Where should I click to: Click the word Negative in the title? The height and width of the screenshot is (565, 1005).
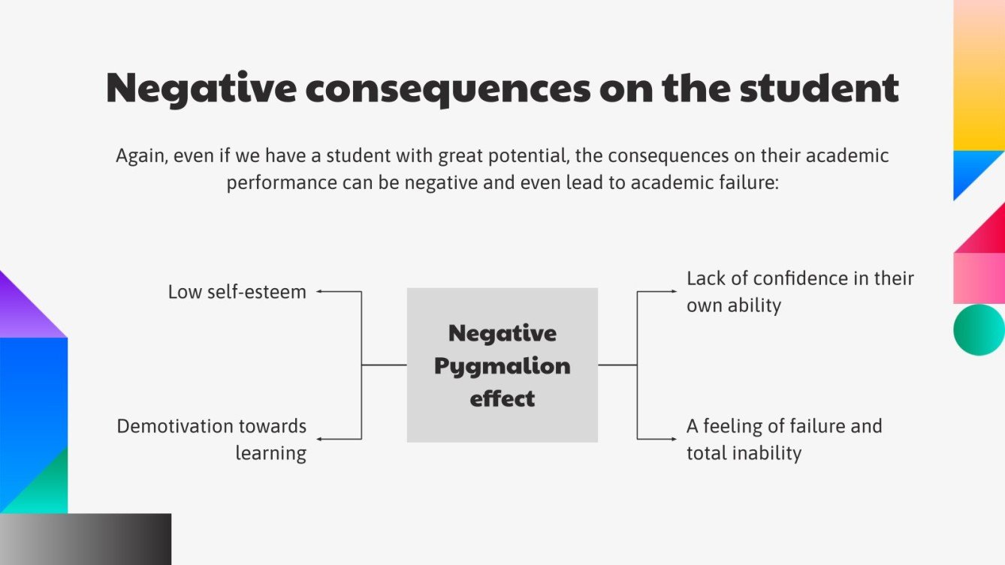click(201, 89)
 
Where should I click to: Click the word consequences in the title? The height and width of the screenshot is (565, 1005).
click(448, 89)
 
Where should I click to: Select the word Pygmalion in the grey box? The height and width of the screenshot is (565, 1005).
click(502, 366)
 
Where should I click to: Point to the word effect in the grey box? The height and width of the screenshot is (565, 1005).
click(502, 398)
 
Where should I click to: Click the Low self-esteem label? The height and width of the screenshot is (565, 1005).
click(237, 292)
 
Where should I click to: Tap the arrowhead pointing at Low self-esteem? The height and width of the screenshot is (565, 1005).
click(319, 291)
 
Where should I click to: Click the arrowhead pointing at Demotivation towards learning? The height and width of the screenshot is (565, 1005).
click(319, 439)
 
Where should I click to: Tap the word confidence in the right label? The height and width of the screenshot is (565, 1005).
click(801, 278)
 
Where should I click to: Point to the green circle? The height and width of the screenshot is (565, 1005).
click(979, 329)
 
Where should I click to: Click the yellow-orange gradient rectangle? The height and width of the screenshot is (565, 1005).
click(979, 75)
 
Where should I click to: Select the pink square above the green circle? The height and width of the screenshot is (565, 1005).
click(979, 278)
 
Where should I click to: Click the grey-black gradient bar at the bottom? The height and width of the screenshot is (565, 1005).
click(85, 539)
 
